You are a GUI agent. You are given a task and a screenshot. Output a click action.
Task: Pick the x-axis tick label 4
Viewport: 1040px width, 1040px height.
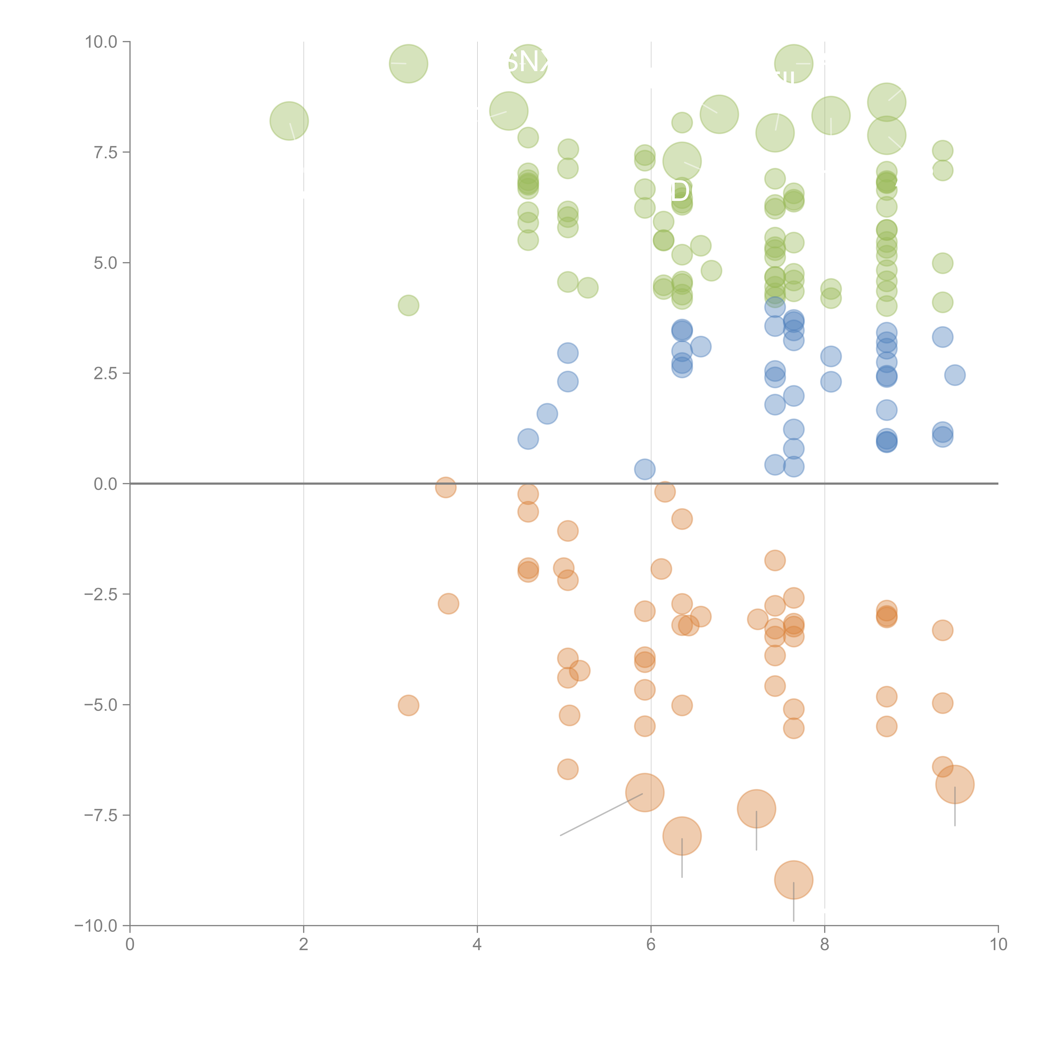(477, 944)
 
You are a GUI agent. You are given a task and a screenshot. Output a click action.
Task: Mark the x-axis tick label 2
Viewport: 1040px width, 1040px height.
(304, 944)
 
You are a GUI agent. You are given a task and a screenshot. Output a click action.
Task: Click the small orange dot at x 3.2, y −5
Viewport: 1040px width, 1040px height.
(409, 705)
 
